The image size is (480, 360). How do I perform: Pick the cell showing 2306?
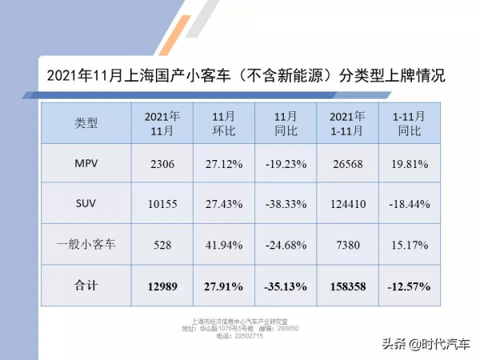click(163, 163)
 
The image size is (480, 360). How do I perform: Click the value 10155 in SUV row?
click(163, 204)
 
